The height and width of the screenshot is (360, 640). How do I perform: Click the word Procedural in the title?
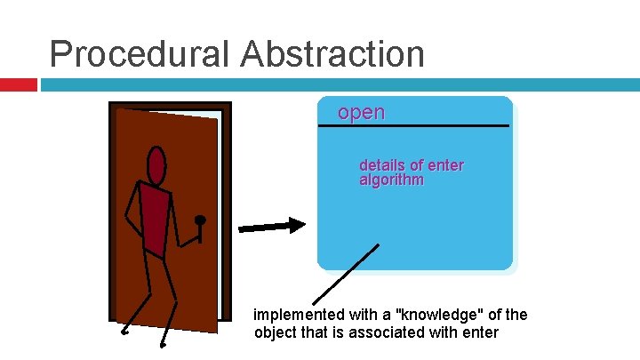coord(140,54)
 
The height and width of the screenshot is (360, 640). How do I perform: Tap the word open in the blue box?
coord(361,113)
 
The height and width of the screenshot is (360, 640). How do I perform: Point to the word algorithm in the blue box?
coord(391,180)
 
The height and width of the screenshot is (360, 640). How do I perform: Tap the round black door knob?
coord(201,220)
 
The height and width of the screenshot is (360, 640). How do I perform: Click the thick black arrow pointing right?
coord(271,226)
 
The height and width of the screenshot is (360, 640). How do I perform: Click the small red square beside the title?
coord(18,84)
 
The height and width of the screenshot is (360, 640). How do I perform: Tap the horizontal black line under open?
coord(413,126)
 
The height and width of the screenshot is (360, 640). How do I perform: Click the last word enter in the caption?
coord(480,333)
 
